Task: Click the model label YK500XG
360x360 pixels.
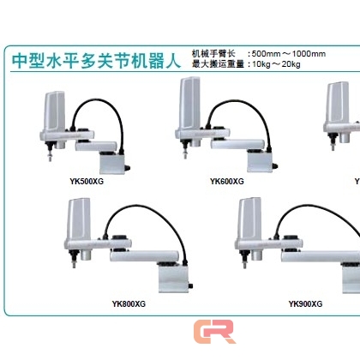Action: click(87, 182)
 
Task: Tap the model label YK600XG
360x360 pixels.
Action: click(227, 182)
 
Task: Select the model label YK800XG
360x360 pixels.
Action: click(129, 303)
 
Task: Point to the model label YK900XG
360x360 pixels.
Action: click(305, 303)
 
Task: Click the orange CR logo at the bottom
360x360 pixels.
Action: click(214, 332)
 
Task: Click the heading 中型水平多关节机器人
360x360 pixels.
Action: click(96, 60)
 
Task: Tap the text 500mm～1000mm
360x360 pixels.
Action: click(289, 54)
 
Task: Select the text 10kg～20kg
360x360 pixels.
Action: click(276, 64)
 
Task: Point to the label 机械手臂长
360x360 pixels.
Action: click(213, 54)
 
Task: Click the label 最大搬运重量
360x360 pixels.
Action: click(218, 64)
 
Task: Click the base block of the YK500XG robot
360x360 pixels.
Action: click(113, 163)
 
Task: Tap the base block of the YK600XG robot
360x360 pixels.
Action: click(260, 161)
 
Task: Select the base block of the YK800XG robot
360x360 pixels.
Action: click(174, 278)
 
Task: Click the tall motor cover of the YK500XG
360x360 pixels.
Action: click(54, 111)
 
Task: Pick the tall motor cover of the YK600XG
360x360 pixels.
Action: click(189, 103)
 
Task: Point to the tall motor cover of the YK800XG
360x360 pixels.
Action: click(79, 219)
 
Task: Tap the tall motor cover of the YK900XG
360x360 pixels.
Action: click(250, 219)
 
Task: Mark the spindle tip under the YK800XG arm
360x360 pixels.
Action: click(75, 265)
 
